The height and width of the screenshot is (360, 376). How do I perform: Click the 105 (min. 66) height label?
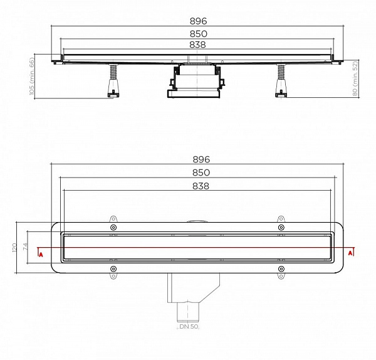tap(31, 77)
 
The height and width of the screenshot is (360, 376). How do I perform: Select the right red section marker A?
tap(351, 253)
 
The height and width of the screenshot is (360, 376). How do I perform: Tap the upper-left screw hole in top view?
tap(113, 227)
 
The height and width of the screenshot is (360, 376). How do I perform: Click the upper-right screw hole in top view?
tap(280, 227)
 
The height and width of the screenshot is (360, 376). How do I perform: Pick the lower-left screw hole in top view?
tap(113, 270)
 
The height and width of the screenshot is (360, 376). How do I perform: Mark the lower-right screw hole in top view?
tap(280, 270)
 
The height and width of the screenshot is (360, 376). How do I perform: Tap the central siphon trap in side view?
tap(195, 82)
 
